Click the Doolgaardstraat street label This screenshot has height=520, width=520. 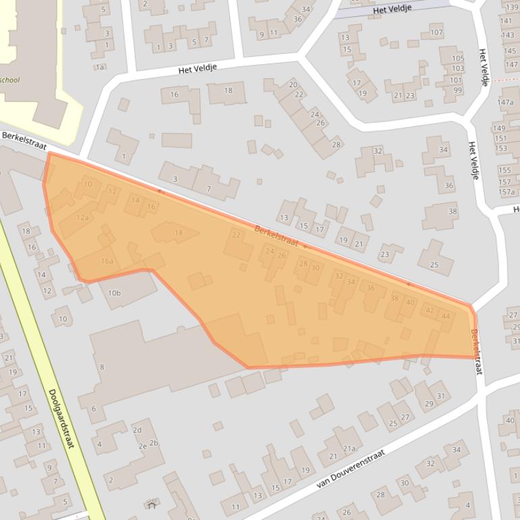[61, 419]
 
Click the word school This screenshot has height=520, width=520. [9, 80]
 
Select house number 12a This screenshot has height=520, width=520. [82, 217]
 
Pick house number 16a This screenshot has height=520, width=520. [107, 261]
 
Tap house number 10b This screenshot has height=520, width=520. [114, 293]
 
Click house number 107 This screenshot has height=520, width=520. [436, 32]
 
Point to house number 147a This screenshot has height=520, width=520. [505, 102]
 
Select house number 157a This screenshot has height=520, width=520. [506, 192]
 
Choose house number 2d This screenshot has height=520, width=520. [137, 430]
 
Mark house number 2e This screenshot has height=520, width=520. [142, 446]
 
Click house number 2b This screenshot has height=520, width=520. [154, 443]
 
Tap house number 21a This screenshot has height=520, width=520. [349, 448]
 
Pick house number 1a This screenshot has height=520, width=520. [100, 66]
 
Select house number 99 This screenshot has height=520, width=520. [457, 90]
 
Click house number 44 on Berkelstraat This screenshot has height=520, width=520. [445, 316]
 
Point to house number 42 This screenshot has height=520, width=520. [429, 310]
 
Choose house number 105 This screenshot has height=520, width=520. [458, 58]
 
